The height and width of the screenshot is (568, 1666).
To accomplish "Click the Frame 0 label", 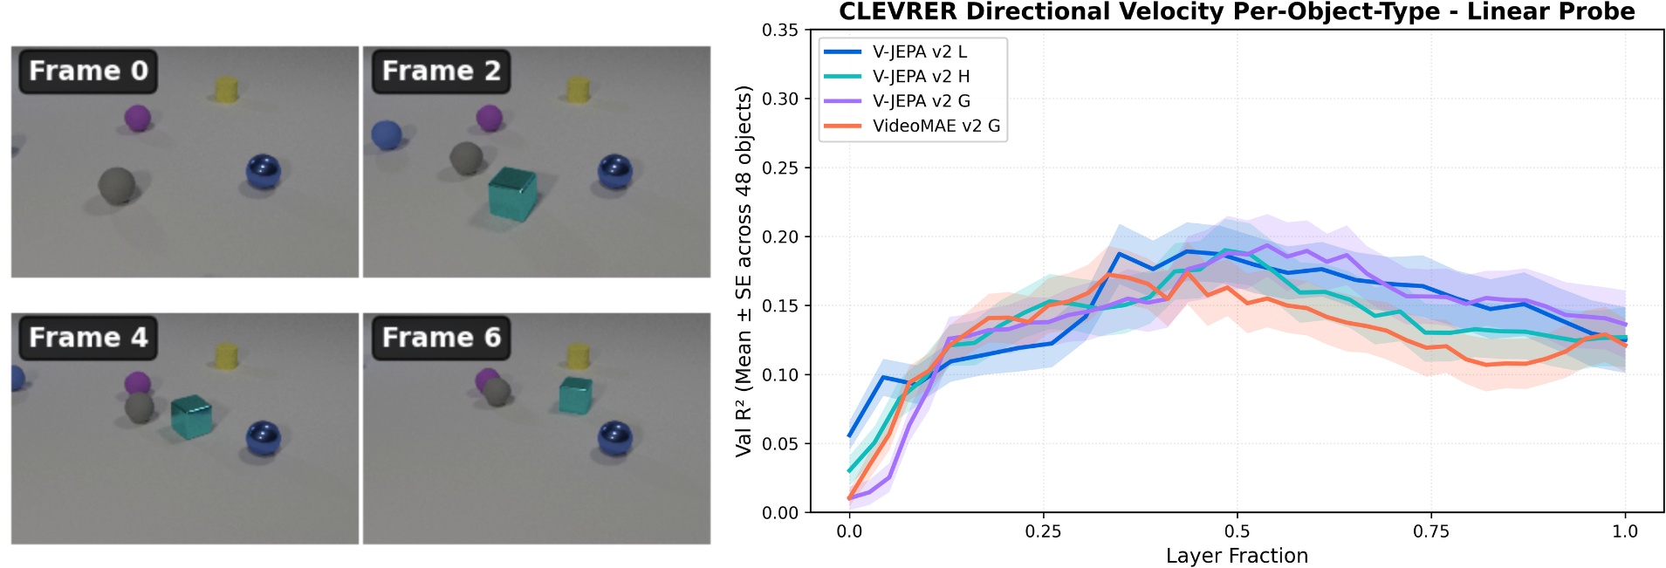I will pyautogui.click(x=88, y=71).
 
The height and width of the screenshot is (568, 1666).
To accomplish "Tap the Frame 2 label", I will pyautogui.click(x=441, y=71).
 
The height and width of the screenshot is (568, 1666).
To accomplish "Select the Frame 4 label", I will pyautogui.click(x=88, y=338).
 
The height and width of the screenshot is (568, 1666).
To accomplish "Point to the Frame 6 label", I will pyautogui.click(x=441, y=338).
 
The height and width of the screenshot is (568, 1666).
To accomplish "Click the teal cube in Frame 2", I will pyautogui.click(x=512, y=193).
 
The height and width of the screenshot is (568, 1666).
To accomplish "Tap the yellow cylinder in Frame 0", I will pyautogui.click(x=226, y=89).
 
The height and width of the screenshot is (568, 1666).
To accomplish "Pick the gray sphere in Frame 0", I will pyautogui.click(x=116, y=186).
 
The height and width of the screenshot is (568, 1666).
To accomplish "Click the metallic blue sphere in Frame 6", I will pyautogui.click(x=615, y=438).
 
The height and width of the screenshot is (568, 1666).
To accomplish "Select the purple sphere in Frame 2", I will pyautogui.click(x=490, y=118).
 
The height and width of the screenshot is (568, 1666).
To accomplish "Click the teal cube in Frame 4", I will pyautogui.click(x=191, y=417).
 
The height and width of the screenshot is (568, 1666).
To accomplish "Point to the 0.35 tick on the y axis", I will pyautogui.click(x=780, y=31).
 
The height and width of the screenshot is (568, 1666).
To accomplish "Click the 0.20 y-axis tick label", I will pyautogui.click(x=780, y=237).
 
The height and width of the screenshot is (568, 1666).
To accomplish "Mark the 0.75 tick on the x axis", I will pyautogui.click(x=1431, y=531).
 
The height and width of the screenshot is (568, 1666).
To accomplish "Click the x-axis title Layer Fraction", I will pyautogui.click(x=1237, y=556).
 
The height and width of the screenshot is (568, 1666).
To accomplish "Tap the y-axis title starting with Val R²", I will pyautogui.click(x=744, y=270).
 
